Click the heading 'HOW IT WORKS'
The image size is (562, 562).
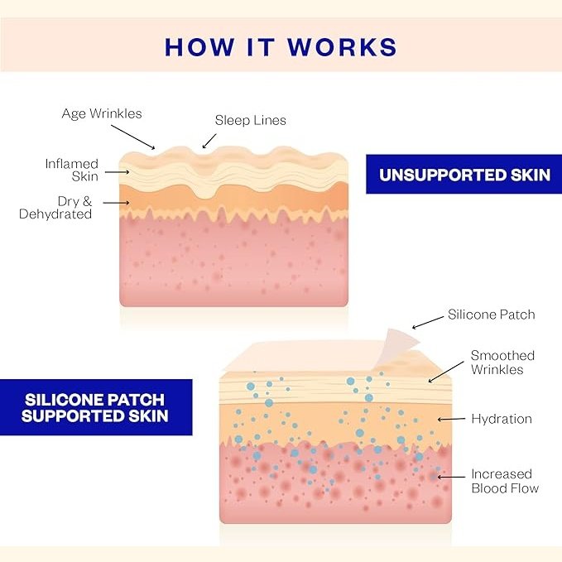tap(281, 46)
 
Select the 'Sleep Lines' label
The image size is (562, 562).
tap(250, 120)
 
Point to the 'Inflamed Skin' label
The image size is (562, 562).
tap(72, 170)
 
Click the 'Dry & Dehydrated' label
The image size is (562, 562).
tap(55, 208)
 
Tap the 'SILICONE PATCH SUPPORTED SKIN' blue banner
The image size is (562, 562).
tap(95, 406)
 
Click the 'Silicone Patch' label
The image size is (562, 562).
tap(491, 315)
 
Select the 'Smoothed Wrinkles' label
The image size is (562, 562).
tap(502, 363)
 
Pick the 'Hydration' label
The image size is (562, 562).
tap(501, 419)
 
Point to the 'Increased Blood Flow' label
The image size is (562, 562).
tap(504, 481)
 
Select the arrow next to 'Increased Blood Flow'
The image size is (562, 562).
tap(451, 476)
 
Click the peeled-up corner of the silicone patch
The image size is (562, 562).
tap(401, 339)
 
